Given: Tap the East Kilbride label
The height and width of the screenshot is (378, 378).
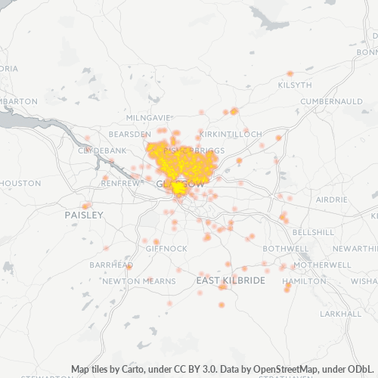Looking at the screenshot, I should click(x=231, y=280).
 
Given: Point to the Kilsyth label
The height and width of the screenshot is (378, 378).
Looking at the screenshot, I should click(x=295, y=85).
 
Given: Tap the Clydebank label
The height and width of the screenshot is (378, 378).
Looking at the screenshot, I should click(x=102, y=150).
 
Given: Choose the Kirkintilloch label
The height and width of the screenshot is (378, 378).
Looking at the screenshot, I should click(x=231, y=134).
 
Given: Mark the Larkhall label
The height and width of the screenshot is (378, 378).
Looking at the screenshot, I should click(x=341, y=313).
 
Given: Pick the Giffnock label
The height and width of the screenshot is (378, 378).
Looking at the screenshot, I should click(x=166, y=248).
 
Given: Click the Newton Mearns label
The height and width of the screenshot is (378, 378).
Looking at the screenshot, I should click(x=139, y=280).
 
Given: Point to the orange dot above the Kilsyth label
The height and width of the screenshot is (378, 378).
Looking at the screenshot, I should click(x=291, y=73).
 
